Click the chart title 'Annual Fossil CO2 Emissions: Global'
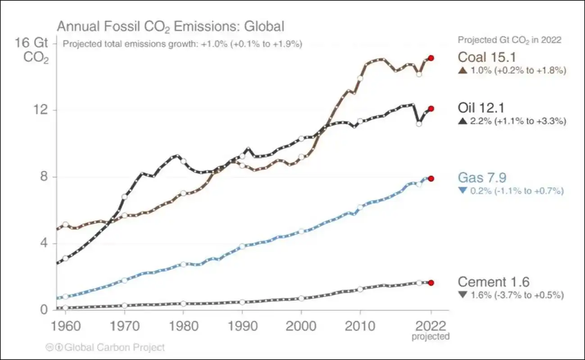click(170, 26)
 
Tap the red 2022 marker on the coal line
click(431, 58)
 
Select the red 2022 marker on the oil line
click(431, 108)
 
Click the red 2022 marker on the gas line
click(431, 179)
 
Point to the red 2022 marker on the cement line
click(431, 283)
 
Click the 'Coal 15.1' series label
click(486, 57)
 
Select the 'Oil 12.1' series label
click(481, 108)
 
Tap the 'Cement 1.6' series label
click(493, 282)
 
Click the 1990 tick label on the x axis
click(242, 326)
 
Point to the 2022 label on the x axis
click(431, 326)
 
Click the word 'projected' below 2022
click(431, 337)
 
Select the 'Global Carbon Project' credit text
click(115, 347)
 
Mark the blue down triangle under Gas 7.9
click(462, 191)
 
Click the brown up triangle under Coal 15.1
click(462, 71)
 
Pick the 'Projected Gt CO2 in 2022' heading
click(509, 40)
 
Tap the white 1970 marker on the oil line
click(124, 197)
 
